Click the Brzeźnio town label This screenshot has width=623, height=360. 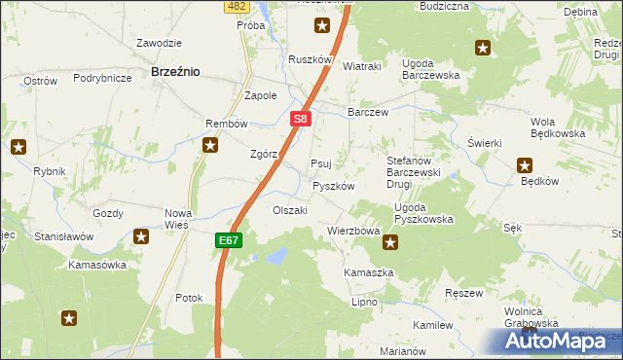pos(175,71)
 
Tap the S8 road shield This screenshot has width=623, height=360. pos(301,120)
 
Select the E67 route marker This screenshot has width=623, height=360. pos(228,238)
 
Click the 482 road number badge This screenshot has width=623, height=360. pos(235,6)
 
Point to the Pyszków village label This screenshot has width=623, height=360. pos(332,186)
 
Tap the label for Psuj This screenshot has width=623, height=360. pos(320,163)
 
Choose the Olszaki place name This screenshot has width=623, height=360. pos(290,210)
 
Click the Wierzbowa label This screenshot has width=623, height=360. pos(352,232)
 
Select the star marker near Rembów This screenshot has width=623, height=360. pos(209,146)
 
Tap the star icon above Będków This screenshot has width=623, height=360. pos(525,165)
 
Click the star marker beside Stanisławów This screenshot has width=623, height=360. pos(141,235)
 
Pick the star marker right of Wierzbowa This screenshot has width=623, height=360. pos(390,243)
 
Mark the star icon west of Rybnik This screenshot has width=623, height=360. pos(18,148)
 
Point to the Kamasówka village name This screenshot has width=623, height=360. pos(97,265)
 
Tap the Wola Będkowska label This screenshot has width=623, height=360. pos(557,127)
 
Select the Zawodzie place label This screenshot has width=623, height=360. pos(160,43)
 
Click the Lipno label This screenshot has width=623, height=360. pos(364,303)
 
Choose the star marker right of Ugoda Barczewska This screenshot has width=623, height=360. pos(483,48)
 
